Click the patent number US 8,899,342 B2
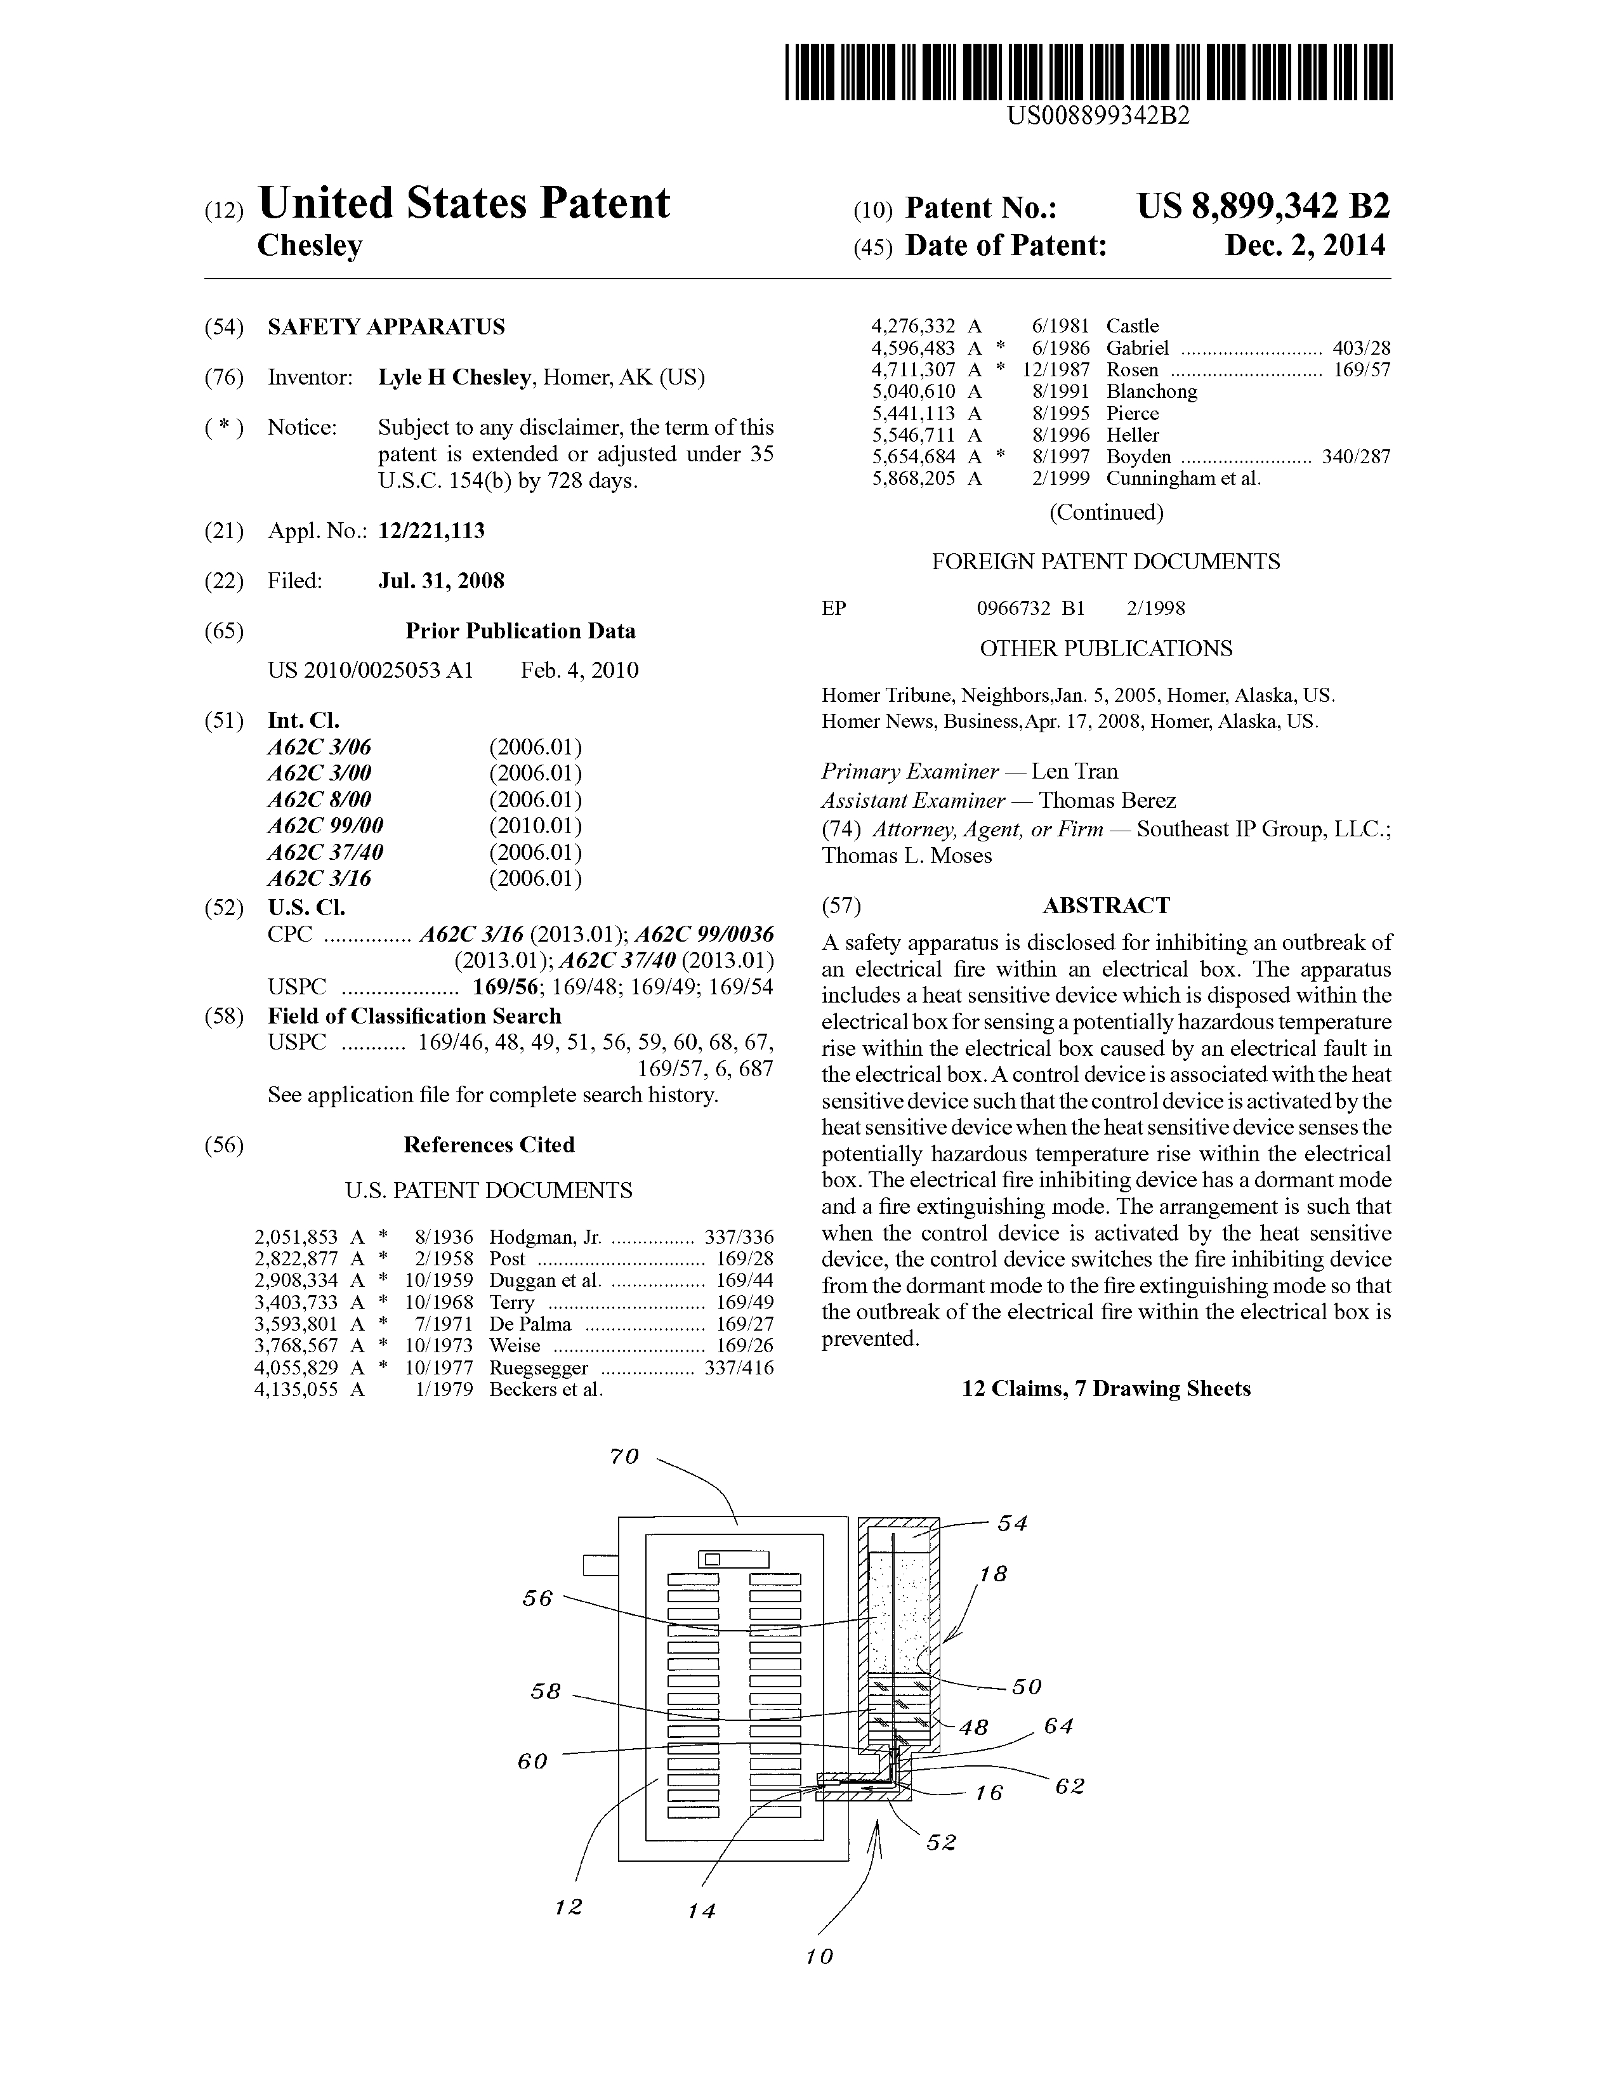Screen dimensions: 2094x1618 click(x=1263, y=207)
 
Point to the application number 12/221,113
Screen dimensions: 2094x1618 click(x=431, y=531)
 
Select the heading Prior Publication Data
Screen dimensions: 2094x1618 click(x=520, y=631)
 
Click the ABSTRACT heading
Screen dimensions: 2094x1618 click(x=1105, y=906)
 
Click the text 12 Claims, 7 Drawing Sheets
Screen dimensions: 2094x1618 click(x=1105, y=1388)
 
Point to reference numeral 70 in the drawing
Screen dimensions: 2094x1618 click(x=624, y=1458)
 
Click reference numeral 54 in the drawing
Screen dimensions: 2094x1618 click(x=1011, y=1524)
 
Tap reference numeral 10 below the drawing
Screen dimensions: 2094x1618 click(x=820, y=1956)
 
